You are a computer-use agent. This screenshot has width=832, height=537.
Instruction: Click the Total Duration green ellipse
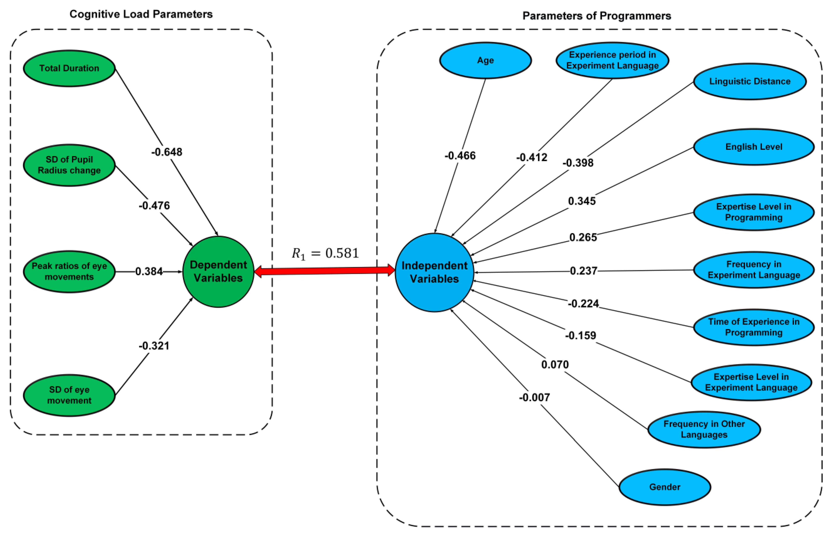click(69, 68)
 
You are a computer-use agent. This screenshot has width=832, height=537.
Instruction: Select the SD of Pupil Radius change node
click(69, 165)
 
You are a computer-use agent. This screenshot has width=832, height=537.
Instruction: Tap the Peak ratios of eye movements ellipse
click(69, 271)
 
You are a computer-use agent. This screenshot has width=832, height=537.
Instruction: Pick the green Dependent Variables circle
click(218, 272)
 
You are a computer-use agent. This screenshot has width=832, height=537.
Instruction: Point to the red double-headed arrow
click(324, 271)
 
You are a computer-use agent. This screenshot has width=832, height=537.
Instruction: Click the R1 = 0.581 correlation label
click(325, 253)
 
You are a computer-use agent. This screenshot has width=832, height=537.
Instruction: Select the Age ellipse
click(485, 60)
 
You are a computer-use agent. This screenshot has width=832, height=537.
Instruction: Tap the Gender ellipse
click(665, 487)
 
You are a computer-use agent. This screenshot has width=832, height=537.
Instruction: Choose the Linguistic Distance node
click(750, 81)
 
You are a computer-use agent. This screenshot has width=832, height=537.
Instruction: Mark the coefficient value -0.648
click(167, 152)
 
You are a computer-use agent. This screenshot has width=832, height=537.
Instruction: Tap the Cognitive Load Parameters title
click(141, 14)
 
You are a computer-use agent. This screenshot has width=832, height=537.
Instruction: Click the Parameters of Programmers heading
click(597, 16)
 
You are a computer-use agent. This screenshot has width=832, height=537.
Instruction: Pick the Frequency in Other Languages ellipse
click(704, 429)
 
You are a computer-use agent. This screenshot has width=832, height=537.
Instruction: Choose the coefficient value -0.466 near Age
click(460, 156)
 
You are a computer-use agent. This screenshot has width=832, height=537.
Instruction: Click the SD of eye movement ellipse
click(69, 395)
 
